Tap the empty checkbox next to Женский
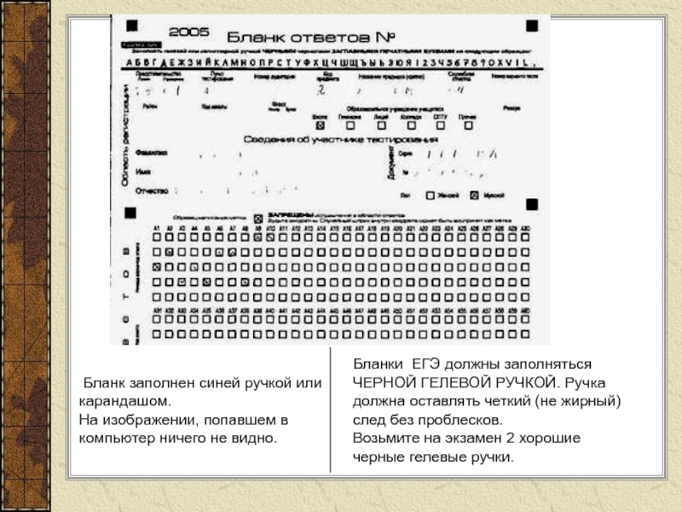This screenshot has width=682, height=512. [431, 195]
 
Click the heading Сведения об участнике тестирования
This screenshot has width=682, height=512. [341, 138]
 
